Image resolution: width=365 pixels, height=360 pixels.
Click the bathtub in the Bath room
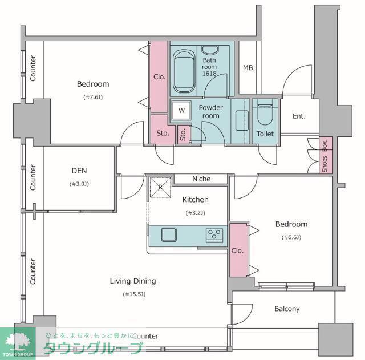[184, 71]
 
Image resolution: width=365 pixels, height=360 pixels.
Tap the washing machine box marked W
[181, 110]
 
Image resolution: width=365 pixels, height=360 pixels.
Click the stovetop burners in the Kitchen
[214, 235]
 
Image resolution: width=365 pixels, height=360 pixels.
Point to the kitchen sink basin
[169, 234]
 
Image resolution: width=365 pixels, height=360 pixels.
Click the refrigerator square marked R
[160, 188]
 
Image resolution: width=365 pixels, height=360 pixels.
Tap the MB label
[248, 68]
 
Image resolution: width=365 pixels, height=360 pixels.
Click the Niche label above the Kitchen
[201, 179]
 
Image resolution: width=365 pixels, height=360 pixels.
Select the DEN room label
[79, 171]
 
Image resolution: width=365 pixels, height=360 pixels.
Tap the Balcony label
[287, 309]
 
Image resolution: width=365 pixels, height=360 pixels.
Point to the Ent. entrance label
[299, 116]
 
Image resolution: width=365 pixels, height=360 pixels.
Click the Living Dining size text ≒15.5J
[134, 294]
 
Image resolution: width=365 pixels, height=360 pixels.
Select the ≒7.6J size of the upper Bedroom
[93, 97]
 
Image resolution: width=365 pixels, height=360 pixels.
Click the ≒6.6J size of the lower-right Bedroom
[291, 237]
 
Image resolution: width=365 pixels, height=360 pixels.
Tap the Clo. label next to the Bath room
[160, 77]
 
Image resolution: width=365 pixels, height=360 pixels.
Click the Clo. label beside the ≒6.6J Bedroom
[237, 251]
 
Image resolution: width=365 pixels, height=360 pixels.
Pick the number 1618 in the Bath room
[209, 74]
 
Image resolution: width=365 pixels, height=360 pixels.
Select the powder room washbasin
[242, 120]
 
